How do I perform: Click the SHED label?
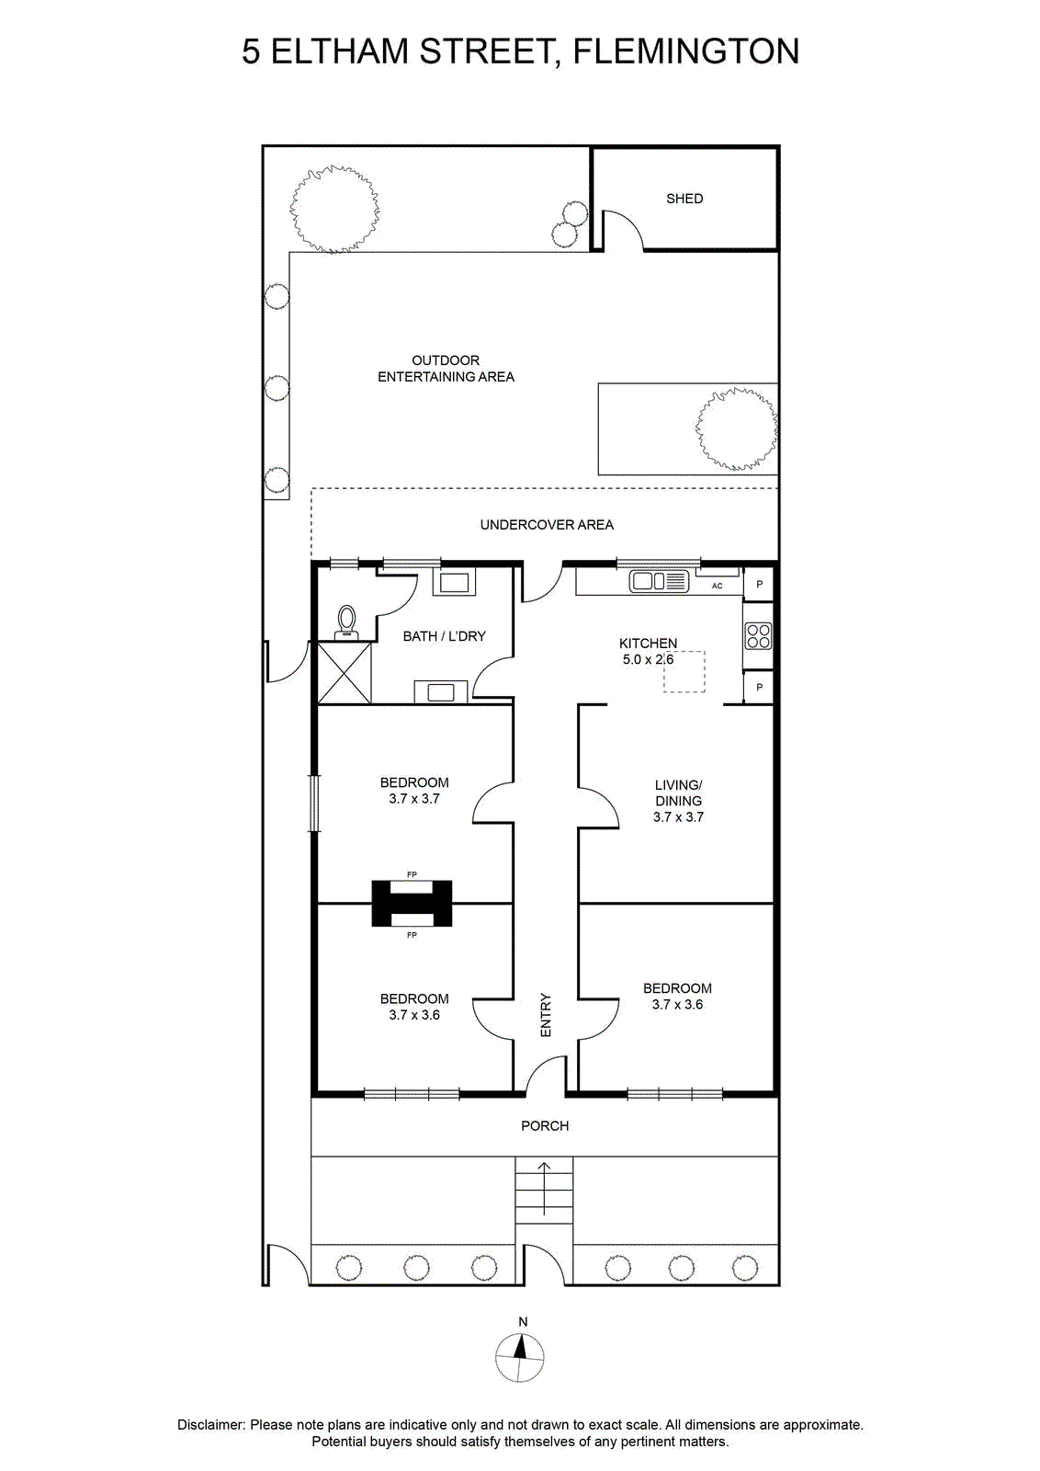tap(684, 199)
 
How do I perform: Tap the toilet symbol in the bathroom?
tap(346, 622)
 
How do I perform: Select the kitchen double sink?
tap(659, 581)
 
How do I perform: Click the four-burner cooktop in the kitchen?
tap(758, 635)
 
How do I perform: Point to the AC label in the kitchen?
tap(718, 586)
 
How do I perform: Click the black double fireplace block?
tap(412, 904)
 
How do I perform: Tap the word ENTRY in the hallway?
tap(545, 1015)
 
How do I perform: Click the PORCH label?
tap(545, 1125)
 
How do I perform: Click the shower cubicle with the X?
tap(345, 672)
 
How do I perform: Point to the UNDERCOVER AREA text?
tap(547, 525)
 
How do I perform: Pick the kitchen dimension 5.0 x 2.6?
tap(649, 659)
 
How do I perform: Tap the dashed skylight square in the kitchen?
tap(684, 672)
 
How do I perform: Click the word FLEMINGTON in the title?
tap(686, 51)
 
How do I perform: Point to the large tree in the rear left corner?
tap(334, 210)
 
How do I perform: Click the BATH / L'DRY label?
tap(445, 636)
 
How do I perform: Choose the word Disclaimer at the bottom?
tap(210, 1425)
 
